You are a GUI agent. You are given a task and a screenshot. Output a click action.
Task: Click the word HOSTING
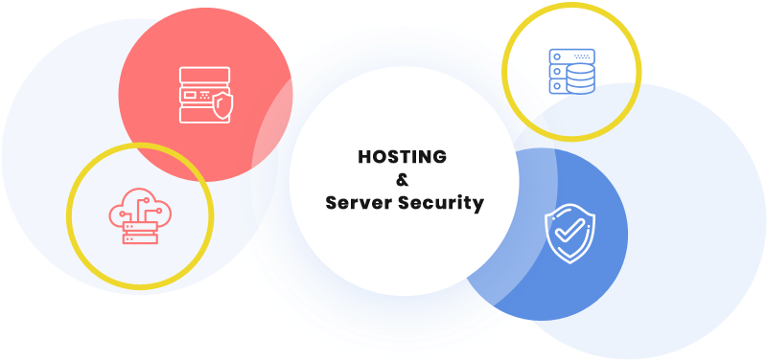tap(403, 156)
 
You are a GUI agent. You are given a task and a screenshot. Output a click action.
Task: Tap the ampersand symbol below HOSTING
tap(403, 180)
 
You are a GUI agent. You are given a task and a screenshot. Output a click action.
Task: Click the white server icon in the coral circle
tap(205, 93)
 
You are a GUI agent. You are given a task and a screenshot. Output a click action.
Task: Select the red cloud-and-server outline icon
tap(138, 216)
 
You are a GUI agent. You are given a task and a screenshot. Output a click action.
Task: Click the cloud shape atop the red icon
tap(138, 206)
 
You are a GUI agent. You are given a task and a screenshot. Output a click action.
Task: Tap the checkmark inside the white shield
tap(569, 234)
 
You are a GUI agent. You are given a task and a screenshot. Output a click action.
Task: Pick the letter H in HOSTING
tap(364, 156)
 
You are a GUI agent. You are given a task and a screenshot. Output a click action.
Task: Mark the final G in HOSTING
tap(441, 156)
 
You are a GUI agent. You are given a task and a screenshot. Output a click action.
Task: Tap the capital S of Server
tap(331, 203)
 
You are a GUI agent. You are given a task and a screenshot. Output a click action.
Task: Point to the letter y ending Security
tap(478, 205)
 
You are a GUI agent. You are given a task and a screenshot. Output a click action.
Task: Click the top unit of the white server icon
tap(204, 74)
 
